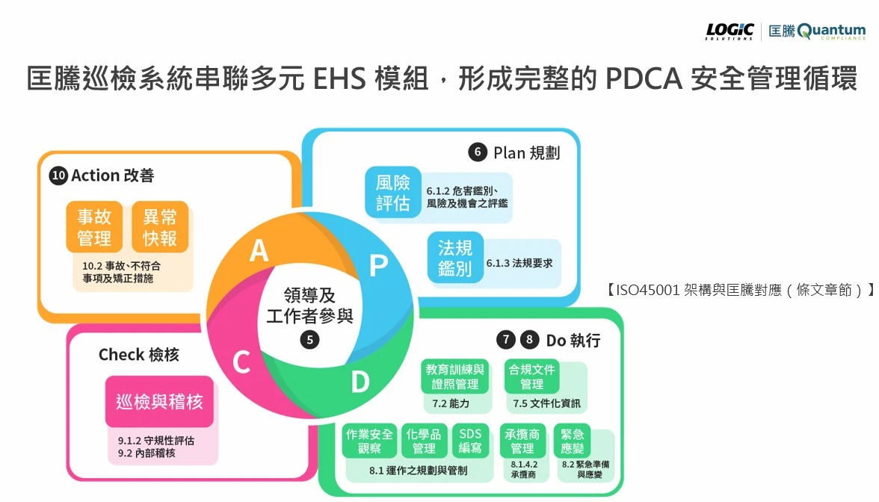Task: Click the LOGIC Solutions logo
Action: tap(730, 31)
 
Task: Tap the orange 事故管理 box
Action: tap(94, 227)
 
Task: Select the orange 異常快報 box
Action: tap(160, 227)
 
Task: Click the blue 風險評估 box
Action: tap(393, 192)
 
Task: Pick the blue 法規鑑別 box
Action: tap(455, 258)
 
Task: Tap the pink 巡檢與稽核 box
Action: tap(159, 402)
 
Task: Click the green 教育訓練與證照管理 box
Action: tap(455, 376)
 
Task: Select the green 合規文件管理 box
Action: tap(532, 376)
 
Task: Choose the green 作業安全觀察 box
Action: tap(369, 441)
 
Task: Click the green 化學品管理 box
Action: tap(424, 441)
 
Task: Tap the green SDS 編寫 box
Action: tap(470, 441)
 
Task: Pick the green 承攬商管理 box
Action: tap(522, 441)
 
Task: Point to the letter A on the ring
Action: tap(259, 251)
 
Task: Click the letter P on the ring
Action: tap(379, 266)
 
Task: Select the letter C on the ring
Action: tap(241, 363)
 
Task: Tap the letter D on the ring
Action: tap(360, 382)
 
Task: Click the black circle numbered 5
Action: tap(309, 340)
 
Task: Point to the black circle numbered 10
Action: tap(58, 176)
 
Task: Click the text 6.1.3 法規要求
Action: tap(519, 263)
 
